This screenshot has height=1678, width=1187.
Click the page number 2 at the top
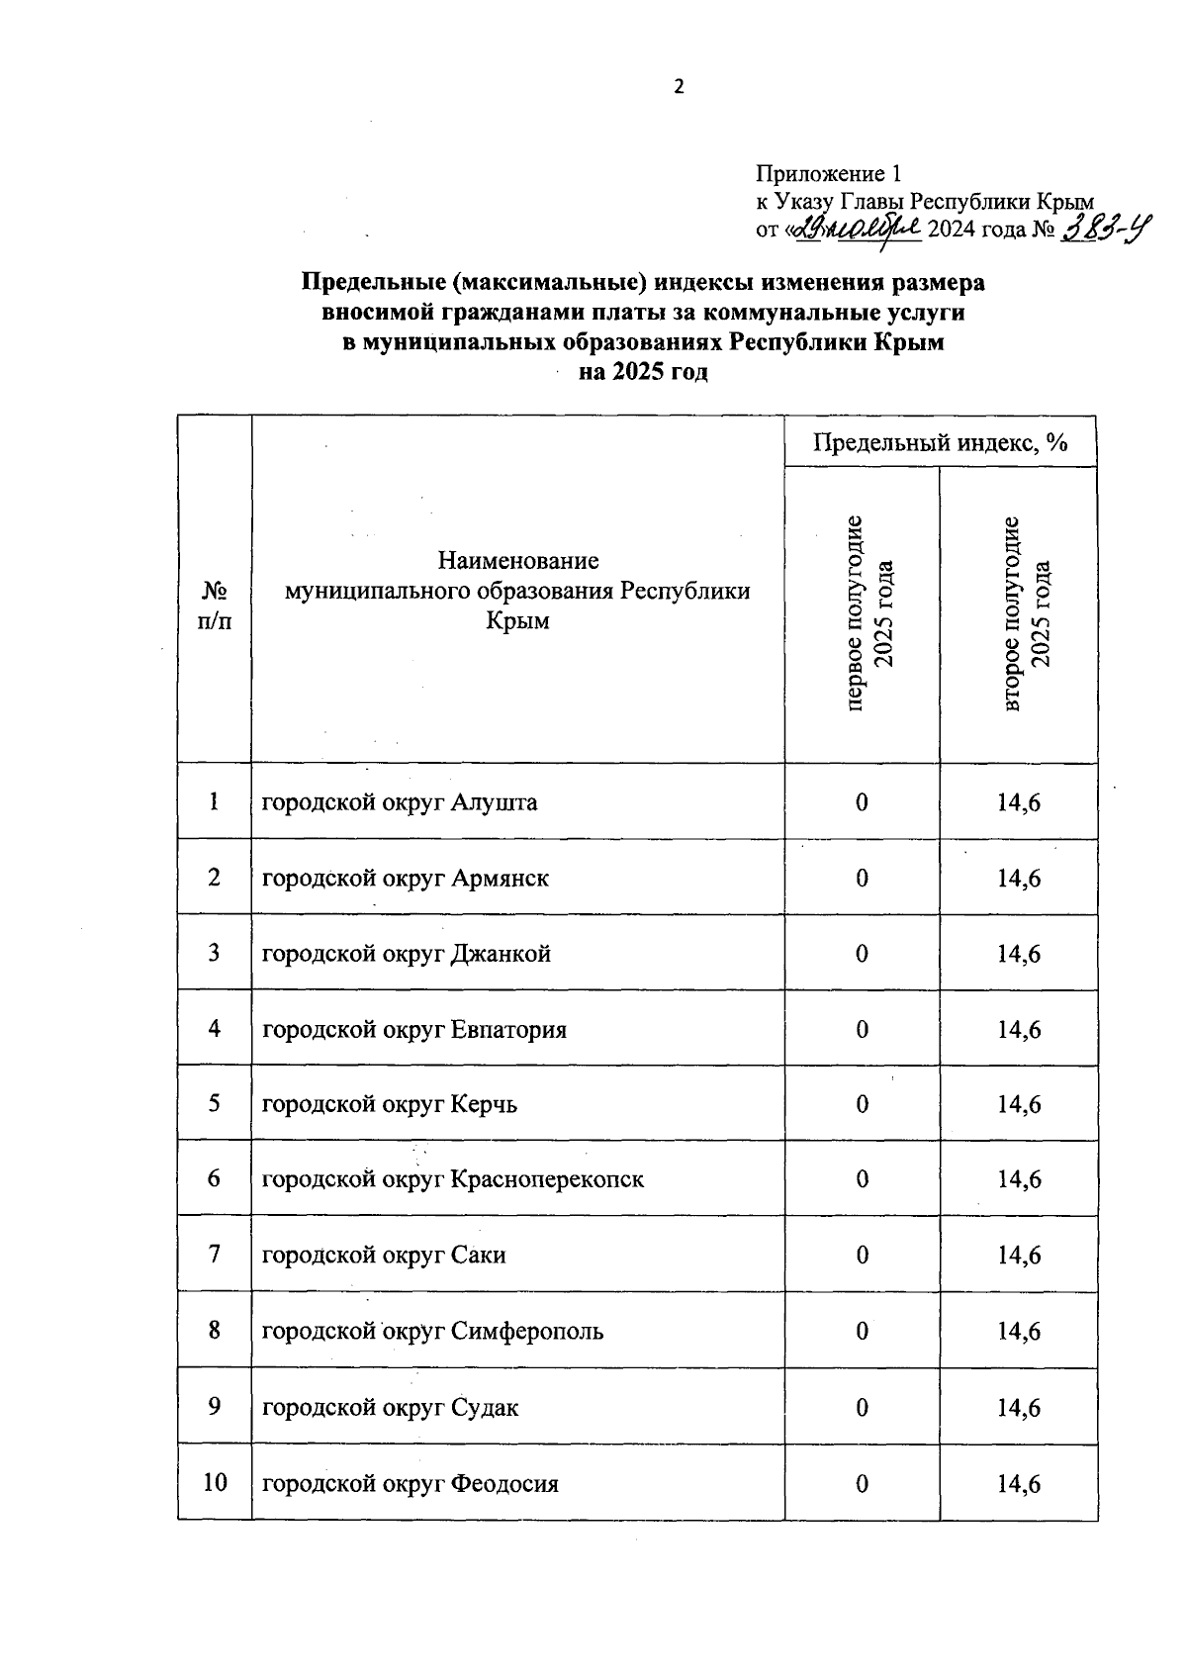click(679, 87)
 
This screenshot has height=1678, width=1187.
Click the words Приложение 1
click(829, 175)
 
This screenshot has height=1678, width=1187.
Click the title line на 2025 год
click(644, 373)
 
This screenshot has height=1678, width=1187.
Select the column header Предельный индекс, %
click(940, 442)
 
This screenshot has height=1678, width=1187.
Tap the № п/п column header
click(215, 606)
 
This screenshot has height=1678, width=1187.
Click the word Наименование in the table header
click(518, 561)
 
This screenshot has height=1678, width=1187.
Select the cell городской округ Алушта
click(400, 802)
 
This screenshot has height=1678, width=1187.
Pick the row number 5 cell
click(215, 1103)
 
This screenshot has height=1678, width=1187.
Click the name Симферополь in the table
click(527, 1332)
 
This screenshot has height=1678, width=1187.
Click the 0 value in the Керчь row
click(863, 1104)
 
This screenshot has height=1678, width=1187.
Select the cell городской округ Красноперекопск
click(452, 1179)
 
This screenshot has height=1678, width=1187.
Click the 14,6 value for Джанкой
click(1019, 954)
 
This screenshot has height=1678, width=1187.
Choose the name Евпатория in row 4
click(508, 1030)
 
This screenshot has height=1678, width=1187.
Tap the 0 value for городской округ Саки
click(863, 1256)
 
